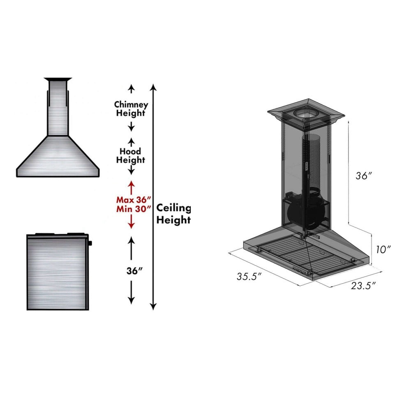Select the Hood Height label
click(131, 155)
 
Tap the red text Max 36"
click(131, 199)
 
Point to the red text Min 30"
click(131, 208)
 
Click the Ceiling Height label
click(174, 214)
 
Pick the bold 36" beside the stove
click(131, 271)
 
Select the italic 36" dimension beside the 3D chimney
click(364, 175)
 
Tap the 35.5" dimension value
click(249, 277)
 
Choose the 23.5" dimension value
click(364, 286)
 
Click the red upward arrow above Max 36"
click(131, 186)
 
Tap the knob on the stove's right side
click(90, 243)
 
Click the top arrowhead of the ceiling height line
click(153, 87)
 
